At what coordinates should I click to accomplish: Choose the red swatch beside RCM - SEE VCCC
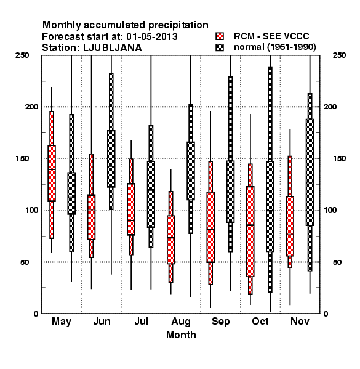[x=220, y=36]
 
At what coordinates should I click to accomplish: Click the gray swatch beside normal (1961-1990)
[x=220, y=47]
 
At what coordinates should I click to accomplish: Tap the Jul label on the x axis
[x=142, y=321]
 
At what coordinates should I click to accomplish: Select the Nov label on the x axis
[x=300, y=321]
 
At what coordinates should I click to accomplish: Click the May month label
[x=62, y=322]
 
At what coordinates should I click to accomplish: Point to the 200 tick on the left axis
[x=31, y=106]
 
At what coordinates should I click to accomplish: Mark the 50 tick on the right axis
[x=337, y=262]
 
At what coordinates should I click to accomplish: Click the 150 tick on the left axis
[x=22, y=159]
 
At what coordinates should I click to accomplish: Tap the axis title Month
[x=181, y=335]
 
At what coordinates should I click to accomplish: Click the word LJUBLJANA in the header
[x=113, y=48]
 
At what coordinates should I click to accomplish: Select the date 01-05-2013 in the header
[x=152, y=37]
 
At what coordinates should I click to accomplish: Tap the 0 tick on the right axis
[x=326, y=314]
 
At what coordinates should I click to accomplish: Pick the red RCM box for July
[x=131, y=209]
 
